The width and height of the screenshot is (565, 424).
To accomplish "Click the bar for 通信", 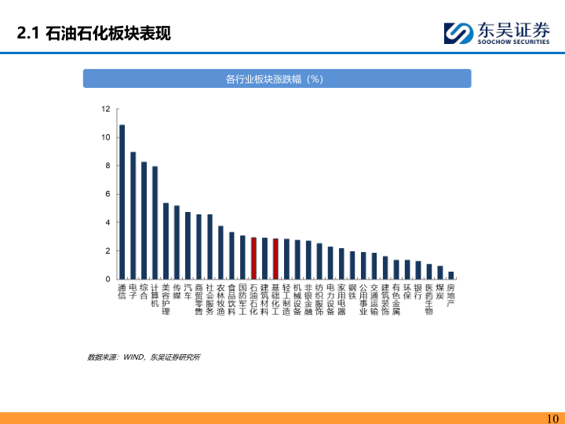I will tap(122, 202).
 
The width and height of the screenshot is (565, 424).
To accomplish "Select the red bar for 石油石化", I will tap(253, 258).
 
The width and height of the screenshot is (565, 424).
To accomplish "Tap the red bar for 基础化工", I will tap(275, 259).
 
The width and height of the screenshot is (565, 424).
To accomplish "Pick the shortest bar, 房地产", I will tap(450, 276).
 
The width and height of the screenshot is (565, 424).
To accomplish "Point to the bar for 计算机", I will tap(155, 223).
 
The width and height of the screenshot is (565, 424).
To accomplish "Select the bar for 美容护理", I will tap(166, 241).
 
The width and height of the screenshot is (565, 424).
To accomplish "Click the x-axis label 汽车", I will tap(188, 291).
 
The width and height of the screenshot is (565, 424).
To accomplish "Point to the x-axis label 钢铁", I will tap(352, 291).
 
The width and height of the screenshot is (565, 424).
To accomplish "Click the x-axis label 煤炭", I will tap(439, 291).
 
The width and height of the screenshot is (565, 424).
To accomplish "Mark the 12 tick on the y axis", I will tap(105, 109).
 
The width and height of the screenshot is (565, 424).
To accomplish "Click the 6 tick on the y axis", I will tap(107, 194).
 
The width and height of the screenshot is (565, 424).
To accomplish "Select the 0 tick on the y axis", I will tap(108, 279).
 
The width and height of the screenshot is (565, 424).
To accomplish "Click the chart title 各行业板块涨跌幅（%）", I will tap(277, 79).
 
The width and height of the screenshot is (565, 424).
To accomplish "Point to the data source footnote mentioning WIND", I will tap(144, 357).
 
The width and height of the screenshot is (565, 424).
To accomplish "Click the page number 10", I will tap(551, 418).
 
